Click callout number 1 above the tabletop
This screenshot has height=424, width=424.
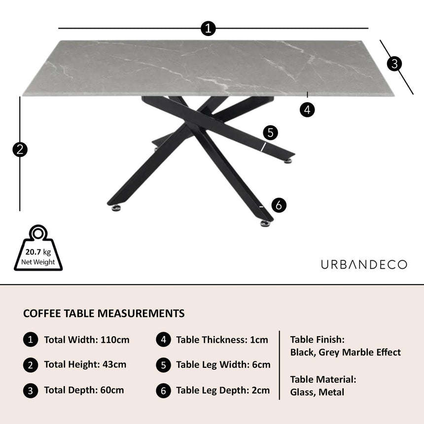[209, 28]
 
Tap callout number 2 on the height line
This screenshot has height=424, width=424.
[20, 149]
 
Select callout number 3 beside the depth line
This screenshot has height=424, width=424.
[394, 63]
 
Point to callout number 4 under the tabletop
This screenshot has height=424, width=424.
[307, 109]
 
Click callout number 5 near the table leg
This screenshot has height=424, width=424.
[270, 133]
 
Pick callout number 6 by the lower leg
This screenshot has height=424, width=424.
[279, 205]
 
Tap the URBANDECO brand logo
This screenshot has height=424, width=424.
[364, 265]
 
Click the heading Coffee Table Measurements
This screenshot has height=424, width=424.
[104, 314]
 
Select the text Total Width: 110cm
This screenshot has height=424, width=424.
[87, 340]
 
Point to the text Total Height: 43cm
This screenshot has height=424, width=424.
[85, 365]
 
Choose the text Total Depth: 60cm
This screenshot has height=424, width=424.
[84, 390]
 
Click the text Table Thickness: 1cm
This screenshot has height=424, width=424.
[222, 340]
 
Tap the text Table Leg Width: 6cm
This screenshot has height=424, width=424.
[223, 365]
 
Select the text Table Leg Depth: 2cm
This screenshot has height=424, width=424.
[223, 390]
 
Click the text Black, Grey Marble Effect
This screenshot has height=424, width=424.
[346, 353]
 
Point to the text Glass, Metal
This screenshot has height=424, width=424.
[318, 392]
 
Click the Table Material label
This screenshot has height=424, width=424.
[323, 380]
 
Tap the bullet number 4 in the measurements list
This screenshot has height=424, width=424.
[163, 340]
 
